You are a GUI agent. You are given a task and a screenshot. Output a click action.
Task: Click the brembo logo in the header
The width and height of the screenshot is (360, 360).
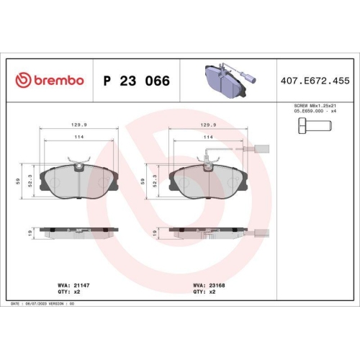point(50,81)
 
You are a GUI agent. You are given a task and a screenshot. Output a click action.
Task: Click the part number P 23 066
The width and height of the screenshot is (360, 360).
point(137,81)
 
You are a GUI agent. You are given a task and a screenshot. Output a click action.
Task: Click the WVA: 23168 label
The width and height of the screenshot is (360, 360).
point(208,286)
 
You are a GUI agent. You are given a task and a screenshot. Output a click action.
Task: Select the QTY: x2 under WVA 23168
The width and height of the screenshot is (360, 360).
point(202,292)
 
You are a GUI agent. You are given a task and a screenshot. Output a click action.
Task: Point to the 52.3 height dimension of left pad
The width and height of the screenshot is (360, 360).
point(30,179)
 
